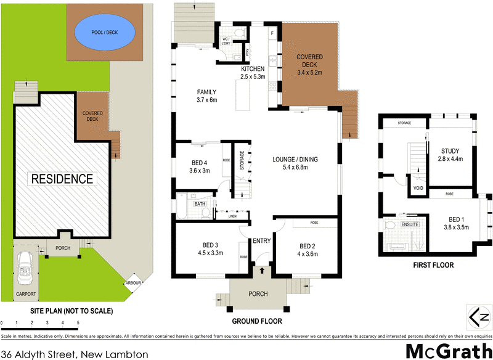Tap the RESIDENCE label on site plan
tap(63, 179)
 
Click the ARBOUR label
tap(134, 283)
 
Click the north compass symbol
tap(478, 318)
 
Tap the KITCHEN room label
tap(253, 68)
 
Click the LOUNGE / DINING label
tap(295, 160)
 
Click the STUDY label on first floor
tap(450, 151)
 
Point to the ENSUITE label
tap(411, 224)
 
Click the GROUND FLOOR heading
tap(256, 321)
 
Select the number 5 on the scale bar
tap(78, 322)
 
